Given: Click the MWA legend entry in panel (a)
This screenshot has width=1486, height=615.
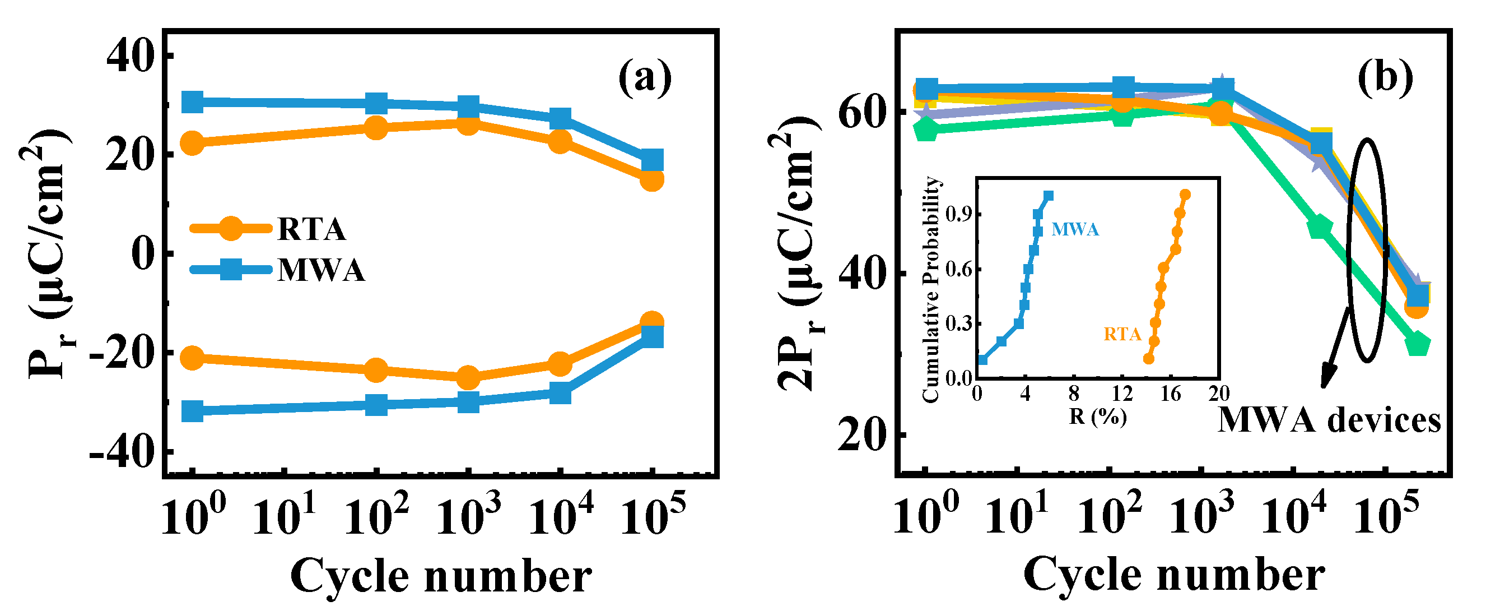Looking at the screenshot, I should (x=320, y=270).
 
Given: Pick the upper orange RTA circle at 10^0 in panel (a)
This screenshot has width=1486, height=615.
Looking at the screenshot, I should (x=192, y=142).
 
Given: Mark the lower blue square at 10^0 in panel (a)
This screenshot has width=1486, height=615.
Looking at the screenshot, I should (x=192, y=411).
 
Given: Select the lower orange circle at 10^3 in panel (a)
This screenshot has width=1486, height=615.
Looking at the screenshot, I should (x=468, y=378).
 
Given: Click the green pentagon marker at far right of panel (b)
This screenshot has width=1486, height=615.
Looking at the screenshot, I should (x=1417, y=345).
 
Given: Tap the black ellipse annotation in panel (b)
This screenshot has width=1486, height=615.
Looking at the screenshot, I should (x=1367, y=249).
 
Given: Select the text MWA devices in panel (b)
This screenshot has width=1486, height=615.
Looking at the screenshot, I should (x=1329, y=420).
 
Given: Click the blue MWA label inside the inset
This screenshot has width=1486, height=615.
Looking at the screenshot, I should (x=1075, y=229).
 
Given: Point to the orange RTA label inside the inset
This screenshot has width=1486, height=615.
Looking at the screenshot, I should (x=1122, y=334).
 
